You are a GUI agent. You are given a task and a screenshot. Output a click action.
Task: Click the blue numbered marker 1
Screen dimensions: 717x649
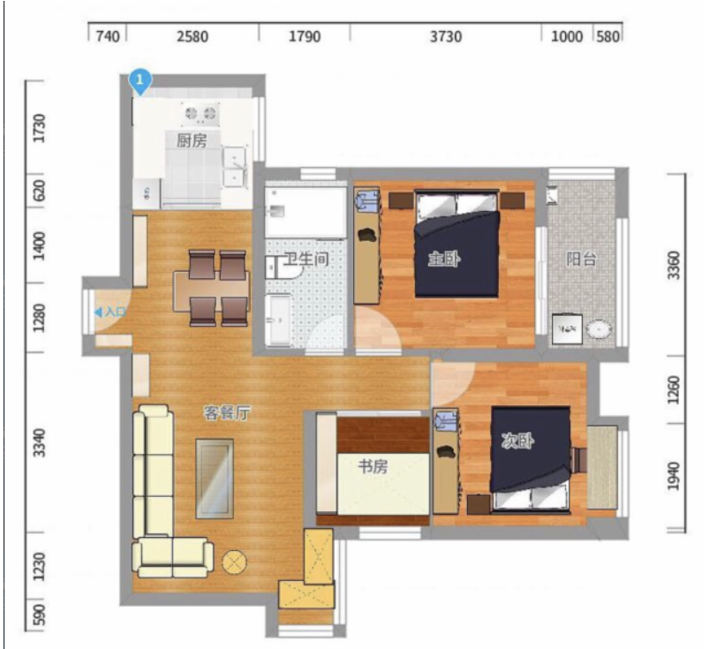[x=140, y=81]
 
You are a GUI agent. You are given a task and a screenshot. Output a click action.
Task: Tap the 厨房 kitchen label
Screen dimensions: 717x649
[x=192, y=140]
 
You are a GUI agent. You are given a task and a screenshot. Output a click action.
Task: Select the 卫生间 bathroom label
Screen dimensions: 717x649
[x=306, y=260]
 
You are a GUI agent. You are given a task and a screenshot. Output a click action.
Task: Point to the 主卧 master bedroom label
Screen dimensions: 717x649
[x=444, y=260]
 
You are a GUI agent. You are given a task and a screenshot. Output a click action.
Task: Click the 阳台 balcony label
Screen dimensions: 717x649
[x=581, y=260]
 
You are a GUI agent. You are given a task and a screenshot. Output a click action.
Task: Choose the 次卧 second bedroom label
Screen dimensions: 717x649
[x=517, y=441]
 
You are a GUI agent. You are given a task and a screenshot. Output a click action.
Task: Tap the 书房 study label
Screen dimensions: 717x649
[x=373, y=467]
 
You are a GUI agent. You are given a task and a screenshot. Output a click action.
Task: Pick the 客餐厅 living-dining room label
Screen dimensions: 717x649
[x=227, y=413]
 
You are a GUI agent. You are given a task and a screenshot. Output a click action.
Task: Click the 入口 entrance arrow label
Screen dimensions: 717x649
[x=110, y=313]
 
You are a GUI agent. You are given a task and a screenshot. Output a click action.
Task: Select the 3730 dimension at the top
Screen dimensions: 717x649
[x=445, y=36]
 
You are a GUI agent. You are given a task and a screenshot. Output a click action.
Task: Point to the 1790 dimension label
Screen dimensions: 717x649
[x=304, y=36]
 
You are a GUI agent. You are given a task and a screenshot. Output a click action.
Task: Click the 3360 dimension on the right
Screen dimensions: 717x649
[x=674, y=265]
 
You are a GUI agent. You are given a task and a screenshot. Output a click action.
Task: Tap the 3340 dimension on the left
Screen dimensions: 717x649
[x=41, y=442]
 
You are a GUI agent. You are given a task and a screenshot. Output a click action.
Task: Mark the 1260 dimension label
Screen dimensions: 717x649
[x=674, y=390]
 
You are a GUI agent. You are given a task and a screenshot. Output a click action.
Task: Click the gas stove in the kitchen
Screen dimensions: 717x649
[x=200, y=113]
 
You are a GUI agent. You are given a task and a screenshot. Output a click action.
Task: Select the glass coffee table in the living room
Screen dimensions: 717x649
[x=215, y=479]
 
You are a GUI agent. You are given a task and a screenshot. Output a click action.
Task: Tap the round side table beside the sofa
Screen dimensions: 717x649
[x=235, y=562]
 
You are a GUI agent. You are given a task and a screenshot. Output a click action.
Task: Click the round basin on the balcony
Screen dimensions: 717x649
[x=599, y=329]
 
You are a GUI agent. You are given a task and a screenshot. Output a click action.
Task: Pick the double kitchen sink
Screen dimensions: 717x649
[x=235, y=168]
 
